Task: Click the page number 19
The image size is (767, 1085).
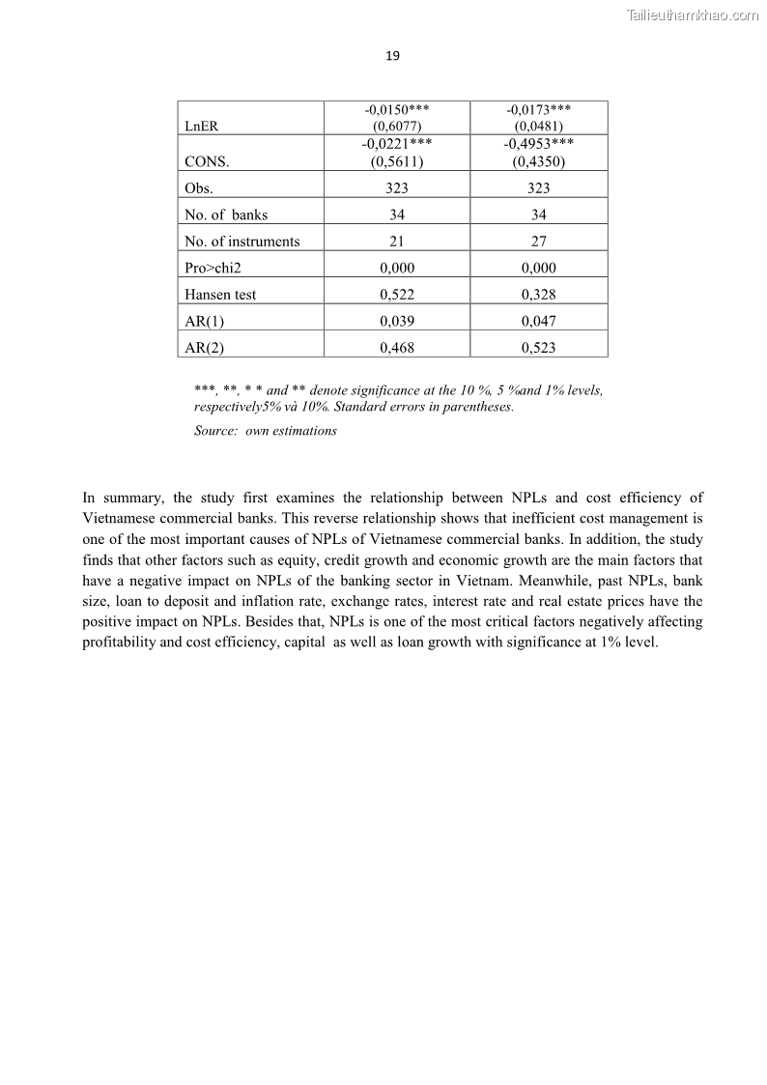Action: pyautogui.click(x=392, y=56)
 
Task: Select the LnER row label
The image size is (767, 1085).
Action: pyautogui.click(x=199, y=127)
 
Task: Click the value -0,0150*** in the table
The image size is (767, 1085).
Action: pyautogui.click(x=397, y=110)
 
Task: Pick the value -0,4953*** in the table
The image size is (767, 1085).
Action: pyautogui.click(x=538, y=144)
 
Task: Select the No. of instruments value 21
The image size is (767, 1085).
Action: pyautogui.click(x=397, y=242)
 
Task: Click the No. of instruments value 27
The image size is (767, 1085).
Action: pyautogui.click(x=538, y=242)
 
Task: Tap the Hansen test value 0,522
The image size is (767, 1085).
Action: pyautogui.click(x=397, y=295)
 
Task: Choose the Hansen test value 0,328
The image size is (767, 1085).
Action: pyautogui.click(x=538, y=295)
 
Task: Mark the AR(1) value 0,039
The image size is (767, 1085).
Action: pyautogui.click(x=397, y=321)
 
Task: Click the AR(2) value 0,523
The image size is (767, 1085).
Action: pyautogui.click(x=538, y=348)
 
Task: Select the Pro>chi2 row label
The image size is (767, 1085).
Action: pyautogui.click(x=213, y=268)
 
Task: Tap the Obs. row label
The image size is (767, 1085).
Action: pyautogui.click(x=199, y=188)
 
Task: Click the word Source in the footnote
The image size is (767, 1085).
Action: pyautogui.click(x=214, y=431)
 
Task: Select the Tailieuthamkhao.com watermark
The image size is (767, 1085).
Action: pyautogui.click(x=693, y=15)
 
